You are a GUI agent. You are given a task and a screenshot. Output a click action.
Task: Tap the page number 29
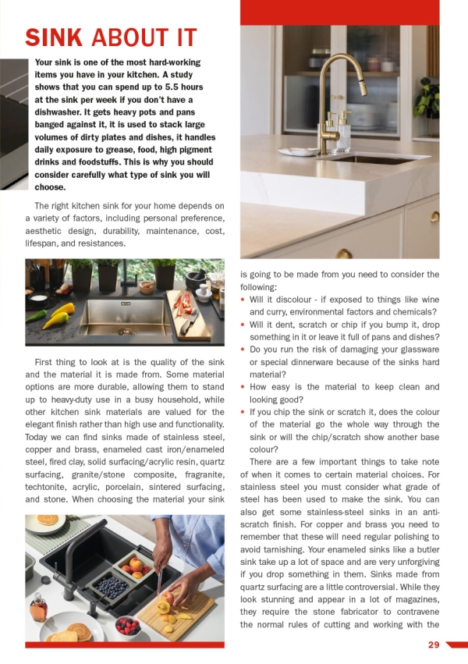[x=434, y=644]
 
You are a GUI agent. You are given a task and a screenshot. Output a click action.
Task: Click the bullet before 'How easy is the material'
[x=243, y=387]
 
